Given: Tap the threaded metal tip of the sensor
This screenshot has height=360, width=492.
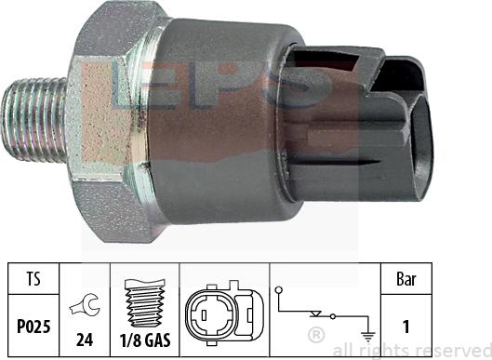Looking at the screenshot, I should tap(33, 115).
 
